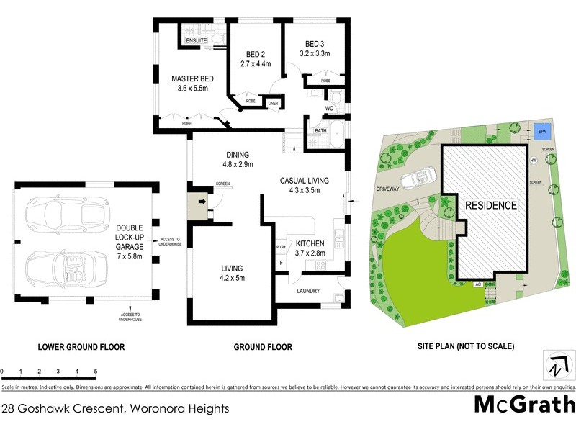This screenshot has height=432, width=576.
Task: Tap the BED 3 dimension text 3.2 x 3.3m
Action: pyautogui.click(x=315, y=53)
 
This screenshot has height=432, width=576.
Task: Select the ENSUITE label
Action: pyautogui.click(x=197, y=41)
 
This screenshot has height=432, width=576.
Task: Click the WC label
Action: pyautogui.click(x=329, y=109)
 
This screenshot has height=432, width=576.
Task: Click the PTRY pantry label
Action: pyautogui.click(x=281, y=247)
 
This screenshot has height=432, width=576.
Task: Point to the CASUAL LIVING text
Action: pyautogui.click(x=304, y=181)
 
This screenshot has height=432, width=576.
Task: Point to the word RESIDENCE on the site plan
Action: pyautogui.click(x=490, y=205)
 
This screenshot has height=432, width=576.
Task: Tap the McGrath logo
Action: pyautogui.click(x=524, y=404)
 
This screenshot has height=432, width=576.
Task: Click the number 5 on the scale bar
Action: pyautogui.click(x=96, y=372)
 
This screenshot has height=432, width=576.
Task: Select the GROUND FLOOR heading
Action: pyautogui.click(x=263, y=347)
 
